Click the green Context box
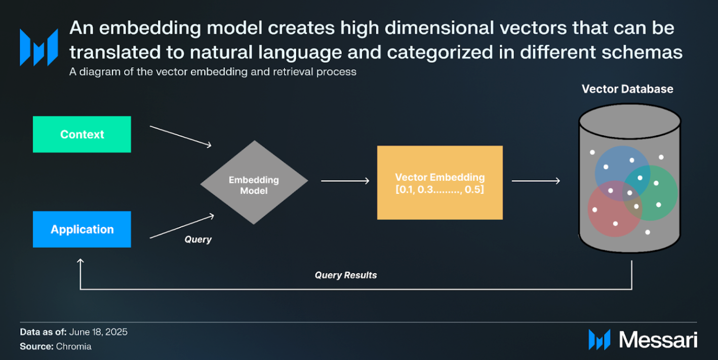pyautogui.click(x=82, y=134)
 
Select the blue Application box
pyautogui.click(x=82, y=229)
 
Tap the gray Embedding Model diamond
pyautogui.click(x=254, y=182)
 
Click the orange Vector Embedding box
pyautogui.click(x=440, y=183)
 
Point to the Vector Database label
pyautogui.click(x=627, y=89)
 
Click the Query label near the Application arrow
pyautogui.click(x=198, y=239)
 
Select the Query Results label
pyautogui.click(x=345, y=275)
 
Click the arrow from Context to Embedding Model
pyautogui.click(x=181, y=137)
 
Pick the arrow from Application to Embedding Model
pyautogui.click(x=182, y=226)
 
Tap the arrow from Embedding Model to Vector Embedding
pyautogui.click(x=345, y=181)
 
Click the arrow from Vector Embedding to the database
pyautogui.click(x=536, y=181)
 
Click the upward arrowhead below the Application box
pyautogui.click(x=80, y=261)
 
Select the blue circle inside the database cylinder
pyautogui.click(x=622, y=174)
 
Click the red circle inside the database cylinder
pyautogui.click(x=615, y=209)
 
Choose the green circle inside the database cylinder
pyautogui.click(x=650, y=193)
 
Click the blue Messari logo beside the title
pyautogui.click(x=39, y=48)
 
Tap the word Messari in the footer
pyautogui.click(x=658, y=339)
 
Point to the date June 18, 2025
pyautogui.click(x=98, y=332)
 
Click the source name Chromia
pyautogui.click(x=74, y=346)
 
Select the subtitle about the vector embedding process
pyautogui.click(x=213, y=72)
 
